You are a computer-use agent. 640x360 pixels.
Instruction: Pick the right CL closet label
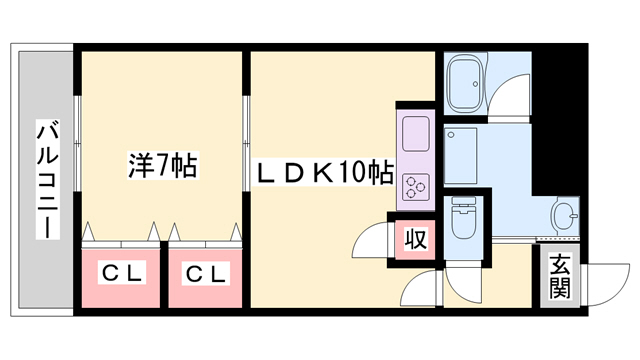coord(205,272)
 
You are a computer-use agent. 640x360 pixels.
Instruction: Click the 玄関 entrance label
coord(559,279)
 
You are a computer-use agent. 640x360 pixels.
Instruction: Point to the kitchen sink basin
coord(413,130)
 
